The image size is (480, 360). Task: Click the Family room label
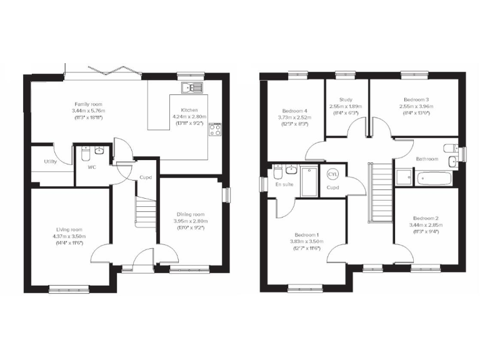pyautogui.click(x=88, y=104)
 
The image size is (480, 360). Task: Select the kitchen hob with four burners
pyautogui.click(x=216, y=129)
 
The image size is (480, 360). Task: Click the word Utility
pyautogui.click(x=51, y=162)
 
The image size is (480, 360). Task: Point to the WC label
pyautogui.click(x=91, y=167)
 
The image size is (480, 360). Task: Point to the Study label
pyautogui.click(x=346, y=99)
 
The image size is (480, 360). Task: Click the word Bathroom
pyautogui.click(x=427, y=159)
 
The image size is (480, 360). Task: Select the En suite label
pyautogui.click(x=283, y=185)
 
